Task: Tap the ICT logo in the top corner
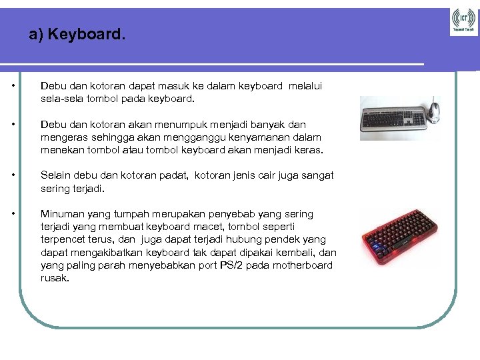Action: click(463, 19)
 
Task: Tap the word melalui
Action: click(305, 86)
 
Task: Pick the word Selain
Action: click(55, 175)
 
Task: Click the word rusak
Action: click(55, 278)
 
